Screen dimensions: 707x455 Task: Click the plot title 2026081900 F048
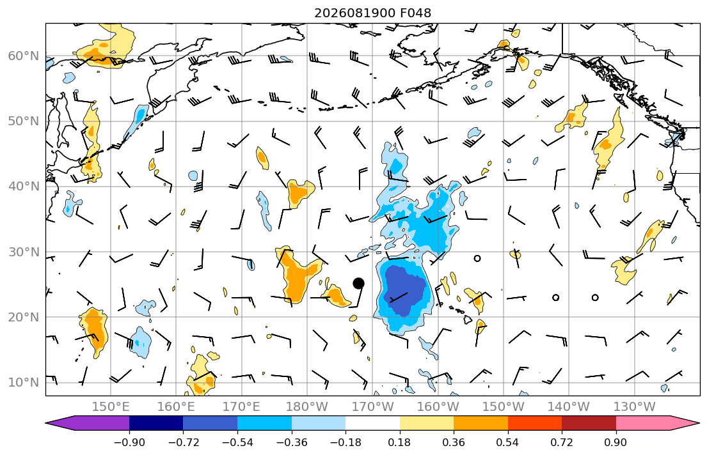coord(372,13)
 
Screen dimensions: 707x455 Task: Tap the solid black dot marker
coord(358,283)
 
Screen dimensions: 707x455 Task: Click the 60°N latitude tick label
coord(24,56)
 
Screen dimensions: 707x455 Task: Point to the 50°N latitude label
coord(24,121)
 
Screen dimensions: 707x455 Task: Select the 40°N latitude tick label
coord(24,187)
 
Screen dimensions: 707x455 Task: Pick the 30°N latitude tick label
coord(24,252)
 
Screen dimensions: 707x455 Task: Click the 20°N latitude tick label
coord(24,317)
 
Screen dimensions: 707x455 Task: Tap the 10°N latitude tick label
coord(24,383)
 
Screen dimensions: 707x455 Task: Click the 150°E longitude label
coord(111,407)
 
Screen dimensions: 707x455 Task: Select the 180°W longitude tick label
coord(307,407)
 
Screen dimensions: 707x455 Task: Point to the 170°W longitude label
coord(372,407)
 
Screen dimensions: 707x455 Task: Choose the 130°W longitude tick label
coord(635,407)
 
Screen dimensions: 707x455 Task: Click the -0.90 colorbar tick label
coord(129,442)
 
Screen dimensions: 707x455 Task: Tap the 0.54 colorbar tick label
coord(508,442)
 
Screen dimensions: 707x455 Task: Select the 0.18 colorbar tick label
coord(399,442)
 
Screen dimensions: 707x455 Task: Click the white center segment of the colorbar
coord(372,423)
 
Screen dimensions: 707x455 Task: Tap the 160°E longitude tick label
coord(177,407)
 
